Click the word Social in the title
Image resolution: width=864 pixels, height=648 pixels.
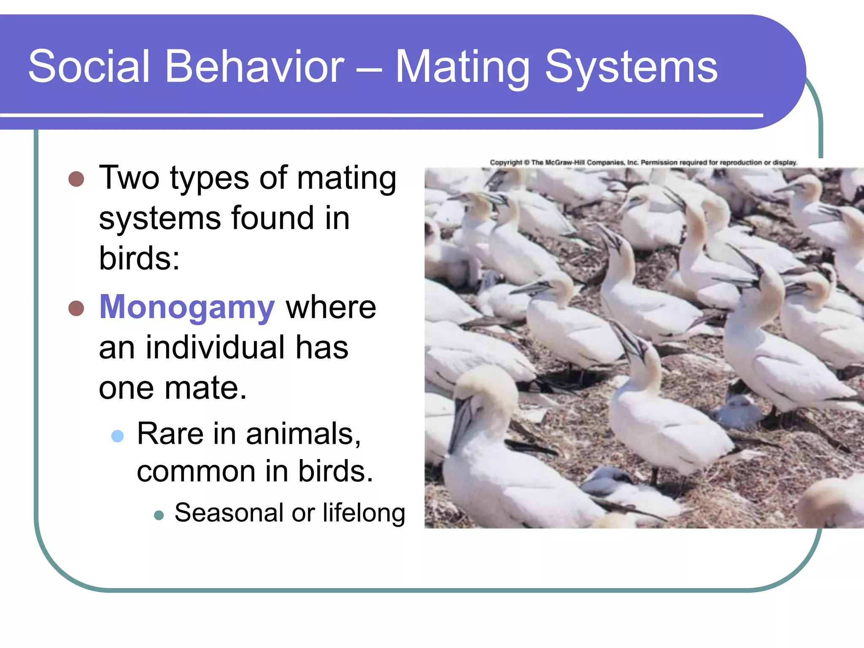pyautogui.click(x=89, y=66)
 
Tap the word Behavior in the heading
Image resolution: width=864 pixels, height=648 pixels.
pyautogui.click(x=255, y=66)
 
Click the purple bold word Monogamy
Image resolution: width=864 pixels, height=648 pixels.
pyautogui.click(x=187, y=307)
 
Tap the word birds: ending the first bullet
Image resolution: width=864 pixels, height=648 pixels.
pyautogui.click(x=139, y=258)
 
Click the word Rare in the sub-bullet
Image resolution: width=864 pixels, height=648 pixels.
pyautogui.click(x=170, y=434)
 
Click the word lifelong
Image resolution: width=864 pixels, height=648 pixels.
pyautogui.click(x=364, y=513)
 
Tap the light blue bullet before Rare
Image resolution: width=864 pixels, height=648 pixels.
pyautogui.click(x=117, y=436)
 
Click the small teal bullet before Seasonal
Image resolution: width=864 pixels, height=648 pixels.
pyautogui.click(x=159, y=515)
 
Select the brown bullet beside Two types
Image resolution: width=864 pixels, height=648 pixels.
pyautogui.click(x=76, y=179)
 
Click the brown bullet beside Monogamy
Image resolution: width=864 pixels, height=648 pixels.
pyautogui.click(x=76, y=308)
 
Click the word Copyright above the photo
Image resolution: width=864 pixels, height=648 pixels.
pyautogui.click(x=506, y=162)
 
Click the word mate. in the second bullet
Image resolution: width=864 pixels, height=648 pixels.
pyautogui.click(x=205, y=388)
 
